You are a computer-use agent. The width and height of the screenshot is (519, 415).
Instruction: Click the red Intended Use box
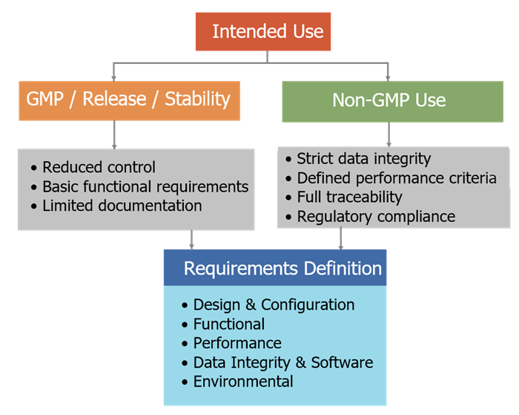point(268,32)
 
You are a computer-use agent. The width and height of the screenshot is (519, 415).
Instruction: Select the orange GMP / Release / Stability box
point(128,99)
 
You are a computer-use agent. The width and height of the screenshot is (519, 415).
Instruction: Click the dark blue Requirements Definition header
point(275,268)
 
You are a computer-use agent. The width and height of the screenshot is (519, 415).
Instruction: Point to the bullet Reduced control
point(99,167)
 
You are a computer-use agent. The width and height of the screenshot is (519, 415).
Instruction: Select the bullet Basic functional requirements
point(145,186)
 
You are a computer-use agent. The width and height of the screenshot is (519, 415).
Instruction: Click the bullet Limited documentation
point(122,206)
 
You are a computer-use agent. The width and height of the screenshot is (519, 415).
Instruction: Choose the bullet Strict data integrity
point(363,159)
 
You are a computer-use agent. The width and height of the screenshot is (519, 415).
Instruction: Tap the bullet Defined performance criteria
point(396,178)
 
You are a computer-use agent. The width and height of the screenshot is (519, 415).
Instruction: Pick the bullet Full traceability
point(349,197)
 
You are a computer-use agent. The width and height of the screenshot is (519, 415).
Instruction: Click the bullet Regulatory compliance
point(376,217)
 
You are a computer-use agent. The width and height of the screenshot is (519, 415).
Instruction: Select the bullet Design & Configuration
point(274,304)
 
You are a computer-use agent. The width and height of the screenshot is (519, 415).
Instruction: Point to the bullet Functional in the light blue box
point(228,324)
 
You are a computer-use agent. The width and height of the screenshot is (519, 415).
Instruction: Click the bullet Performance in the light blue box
point(237,343)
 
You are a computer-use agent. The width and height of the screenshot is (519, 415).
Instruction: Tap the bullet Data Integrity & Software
point(282,362)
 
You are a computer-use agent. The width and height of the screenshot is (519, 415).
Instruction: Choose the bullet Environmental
point(243,382)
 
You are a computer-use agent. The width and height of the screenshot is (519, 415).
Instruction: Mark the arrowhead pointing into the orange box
point(113,76)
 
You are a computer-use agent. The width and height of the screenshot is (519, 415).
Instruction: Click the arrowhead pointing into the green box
point(388,76)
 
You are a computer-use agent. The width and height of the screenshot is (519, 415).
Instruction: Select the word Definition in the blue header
point(340,268)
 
